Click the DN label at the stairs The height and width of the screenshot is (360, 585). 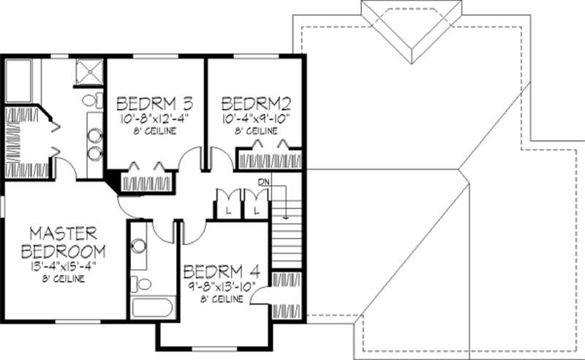click(x=263, y=182)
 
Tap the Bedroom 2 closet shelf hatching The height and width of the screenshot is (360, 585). click(x=269, y=159)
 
